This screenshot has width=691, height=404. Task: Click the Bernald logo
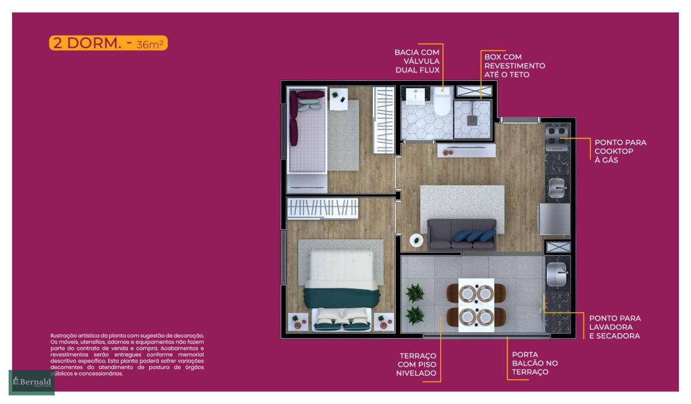(32, 383)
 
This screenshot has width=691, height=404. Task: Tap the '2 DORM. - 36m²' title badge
(108, 43)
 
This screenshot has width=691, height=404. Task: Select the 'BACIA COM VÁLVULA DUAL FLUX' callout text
(417, 61)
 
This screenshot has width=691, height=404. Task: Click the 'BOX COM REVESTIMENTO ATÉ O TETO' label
(515, 66)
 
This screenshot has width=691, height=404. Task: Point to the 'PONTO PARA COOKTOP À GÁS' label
(620, 151)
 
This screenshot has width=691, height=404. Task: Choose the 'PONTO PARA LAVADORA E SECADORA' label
(615, 327)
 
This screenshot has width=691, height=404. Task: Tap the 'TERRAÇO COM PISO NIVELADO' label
(416, 364)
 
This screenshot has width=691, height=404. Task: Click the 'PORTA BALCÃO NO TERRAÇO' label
(535, 363)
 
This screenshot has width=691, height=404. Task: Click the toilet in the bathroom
(442, 101)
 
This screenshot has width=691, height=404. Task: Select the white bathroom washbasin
(415, 96)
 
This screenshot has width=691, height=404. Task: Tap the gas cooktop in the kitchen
(557, 137)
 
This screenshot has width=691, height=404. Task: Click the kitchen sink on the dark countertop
(557, 187)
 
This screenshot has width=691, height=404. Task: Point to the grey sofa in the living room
(462, 234)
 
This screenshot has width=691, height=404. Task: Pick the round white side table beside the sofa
(416, 240)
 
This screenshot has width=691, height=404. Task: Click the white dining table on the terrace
(476, 305)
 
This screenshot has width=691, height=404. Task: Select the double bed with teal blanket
(341, 289)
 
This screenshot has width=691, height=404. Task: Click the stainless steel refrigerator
(555, 220)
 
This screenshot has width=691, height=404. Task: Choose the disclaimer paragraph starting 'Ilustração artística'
(127, 354)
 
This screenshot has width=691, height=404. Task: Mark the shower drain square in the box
(472, 120)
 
